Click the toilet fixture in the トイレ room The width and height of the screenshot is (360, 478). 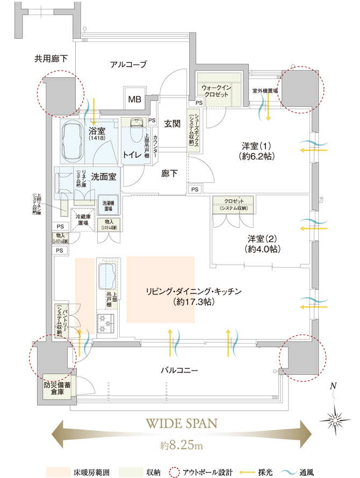point(135,129)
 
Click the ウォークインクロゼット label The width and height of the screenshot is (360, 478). point(215,90)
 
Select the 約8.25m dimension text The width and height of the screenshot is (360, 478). point(181,445)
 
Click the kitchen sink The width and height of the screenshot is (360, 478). point(108,276)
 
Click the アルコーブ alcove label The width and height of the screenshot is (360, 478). point(128,64)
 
